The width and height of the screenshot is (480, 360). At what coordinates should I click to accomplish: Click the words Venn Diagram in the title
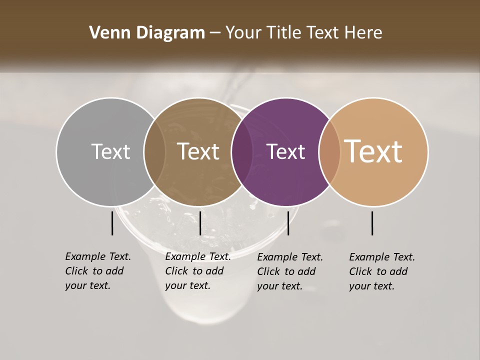click(146, 33)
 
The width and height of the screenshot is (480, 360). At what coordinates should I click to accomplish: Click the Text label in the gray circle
click(111, 151)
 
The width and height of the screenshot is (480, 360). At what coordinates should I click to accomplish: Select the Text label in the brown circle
click(198, 151)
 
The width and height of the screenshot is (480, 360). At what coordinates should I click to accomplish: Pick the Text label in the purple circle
click(286, 151)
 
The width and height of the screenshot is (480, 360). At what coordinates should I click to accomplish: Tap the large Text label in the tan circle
click(373, 151)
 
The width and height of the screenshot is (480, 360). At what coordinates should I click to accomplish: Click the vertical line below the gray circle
click(112, 223)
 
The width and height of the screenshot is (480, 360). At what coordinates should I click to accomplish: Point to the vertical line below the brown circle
click(200, 223)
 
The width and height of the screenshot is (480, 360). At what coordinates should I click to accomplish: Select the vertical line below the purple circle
click(288, 223)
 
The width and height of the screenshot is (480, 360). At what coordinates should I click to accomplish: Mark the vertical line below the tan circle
click(372, 223)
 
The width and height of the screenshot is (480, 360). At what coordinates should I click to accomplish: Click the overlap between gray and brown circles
click(154, 151)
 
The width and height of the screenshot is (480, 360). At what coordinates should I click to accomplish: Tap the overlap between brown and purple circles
click(242, 151)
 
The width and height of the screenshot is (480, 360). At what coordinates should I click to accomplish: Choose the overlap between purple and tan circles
click(329, 151)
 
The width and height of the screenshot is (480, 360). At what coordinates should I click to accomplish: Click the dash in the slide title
click(215, 33)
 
